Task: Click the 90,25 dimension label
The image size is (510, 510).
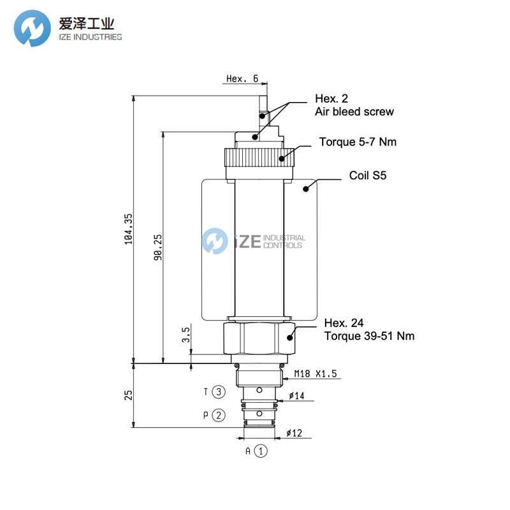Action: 158,246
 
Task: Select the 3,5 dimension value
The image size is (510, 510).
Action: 186,335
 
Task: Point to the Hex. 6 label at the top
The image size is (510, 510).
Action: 242,79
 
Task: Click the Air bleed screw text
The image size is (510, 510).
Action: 354,112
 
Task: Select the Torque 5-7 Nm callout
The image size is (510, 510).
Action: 358,142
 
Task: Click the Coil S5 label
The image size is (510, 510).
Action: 367,176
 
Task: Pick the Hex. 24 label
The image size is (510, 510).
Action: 344,323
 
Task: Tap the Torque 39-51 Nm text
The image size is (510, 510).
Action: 369,336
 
